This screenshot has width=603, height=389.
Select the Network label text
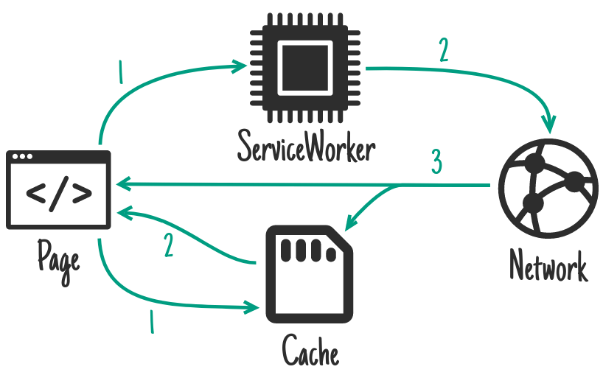(548, 267)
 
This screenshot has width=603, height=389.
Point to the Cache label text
(310, 351)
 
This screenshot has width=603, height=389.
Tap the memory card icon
(310, 272)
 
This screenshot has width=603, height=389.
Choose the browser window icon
(58, 189)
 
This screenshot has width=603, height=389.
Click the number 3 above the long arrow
(436, 162)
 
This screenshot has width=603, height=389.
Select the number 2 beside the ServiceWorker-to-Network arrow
(443, 49)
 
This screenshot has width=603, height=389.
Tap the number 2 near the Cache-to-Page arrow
(169, 245)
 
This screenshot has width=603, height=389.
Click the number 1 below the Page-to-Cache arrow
(152, 322)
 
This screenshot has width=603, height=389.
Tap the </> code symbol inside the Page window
(59, 194)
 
